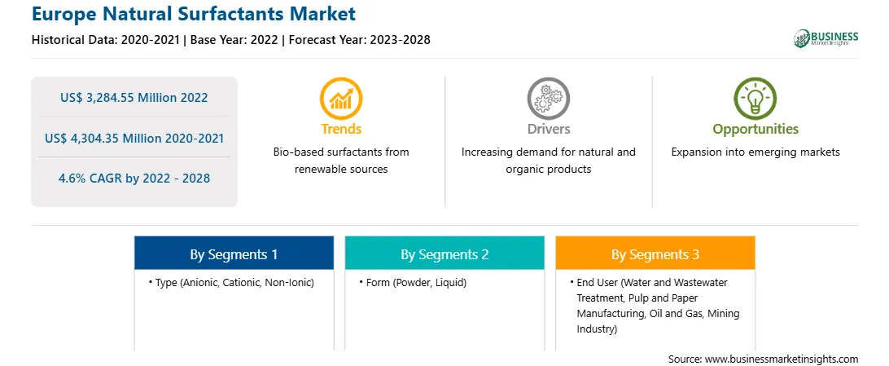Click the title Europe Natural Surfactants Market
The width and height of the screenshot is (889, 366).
click(193, 13)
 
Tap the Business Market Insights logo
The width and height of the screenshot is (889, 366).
click(826, 38)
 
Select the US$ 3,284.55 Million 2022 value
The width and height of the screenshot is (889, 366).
click(134, 98)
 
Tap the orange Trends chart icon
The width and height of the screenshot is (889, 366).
click(341, 99)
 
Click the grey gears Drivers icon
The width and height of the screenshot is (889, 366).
click(548, 99)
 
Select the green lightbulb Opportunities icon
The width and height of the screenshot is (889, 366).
click(755, 99)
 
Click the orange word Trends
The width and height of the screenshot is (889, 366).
click(341, 129)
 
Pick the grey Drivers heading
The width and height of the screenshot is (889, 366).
click(549, 129)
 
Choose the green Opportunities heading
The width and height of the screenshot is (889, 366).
click(755, 130)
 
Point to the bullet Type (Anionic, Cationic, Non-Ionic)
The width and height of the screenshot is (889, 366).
click(231, 283)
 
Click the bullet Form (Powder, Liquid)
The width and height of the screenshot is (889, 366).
click(413, 283)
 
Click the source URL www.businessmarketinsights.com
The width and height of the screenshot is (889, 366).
click(782, 359)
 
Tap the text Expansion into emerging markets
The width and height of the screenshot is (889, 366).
click(755, 152)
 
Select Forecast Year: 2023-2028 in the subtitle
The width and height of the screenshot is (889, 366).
click(359, 40)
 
